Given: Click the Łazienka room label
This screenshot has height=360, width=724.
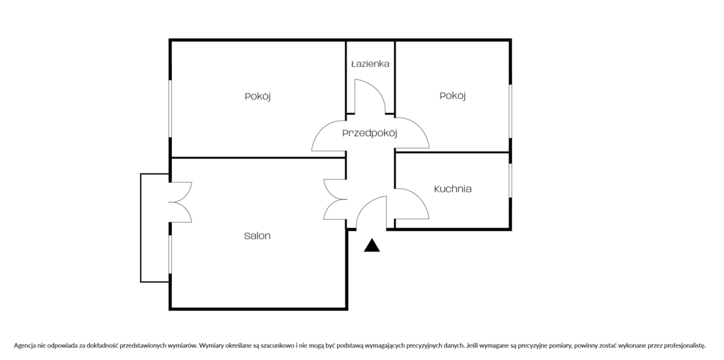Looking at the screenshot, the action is click(x=370, y=64).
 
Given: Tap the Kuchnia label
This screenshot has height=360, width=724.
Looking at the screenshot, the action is click(x=452, y=189).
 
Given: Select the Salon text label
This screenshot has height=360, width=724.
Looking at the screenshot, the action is click(x=257, y=236).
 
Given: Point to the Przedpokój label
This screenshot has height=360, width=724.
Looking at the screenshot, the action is click(x=370, y=133).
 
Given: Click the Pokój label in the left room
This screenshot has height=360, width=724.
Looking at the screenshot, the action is click(x=257, y=97).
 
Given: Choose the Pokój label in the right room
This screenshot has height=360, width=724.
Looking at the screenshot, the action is click(x=452, y=96).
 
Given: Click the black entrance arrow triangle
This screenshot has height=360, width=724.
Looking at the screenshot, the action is click(x=372, y=245).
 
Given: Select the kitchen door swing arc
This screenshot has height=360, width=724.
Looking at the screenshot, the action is click(x=420, y=198).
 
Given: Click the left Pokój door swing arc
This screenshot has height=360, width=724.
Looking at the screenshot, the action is click(x=320, y=129).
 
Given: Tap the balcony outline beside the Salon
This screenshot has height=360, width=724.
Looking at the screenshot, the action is click(x=141, y=228).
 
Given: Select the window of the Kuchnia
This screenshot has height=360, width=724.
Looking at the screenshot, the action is click(x=510, y=181).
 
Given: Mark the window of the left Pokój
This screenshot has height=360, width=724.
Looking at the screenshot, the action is click(x=170, y=109).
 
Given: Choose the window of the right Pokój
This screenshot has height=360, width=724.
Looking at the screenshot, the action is click(x=510, y=112).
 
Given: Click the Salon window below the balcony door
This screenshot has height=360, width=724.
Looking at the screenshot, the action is click(x=170, y=254).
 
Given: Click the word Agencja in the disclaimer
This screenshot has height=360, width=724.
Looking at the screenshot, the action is click(x=25, y=346).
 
